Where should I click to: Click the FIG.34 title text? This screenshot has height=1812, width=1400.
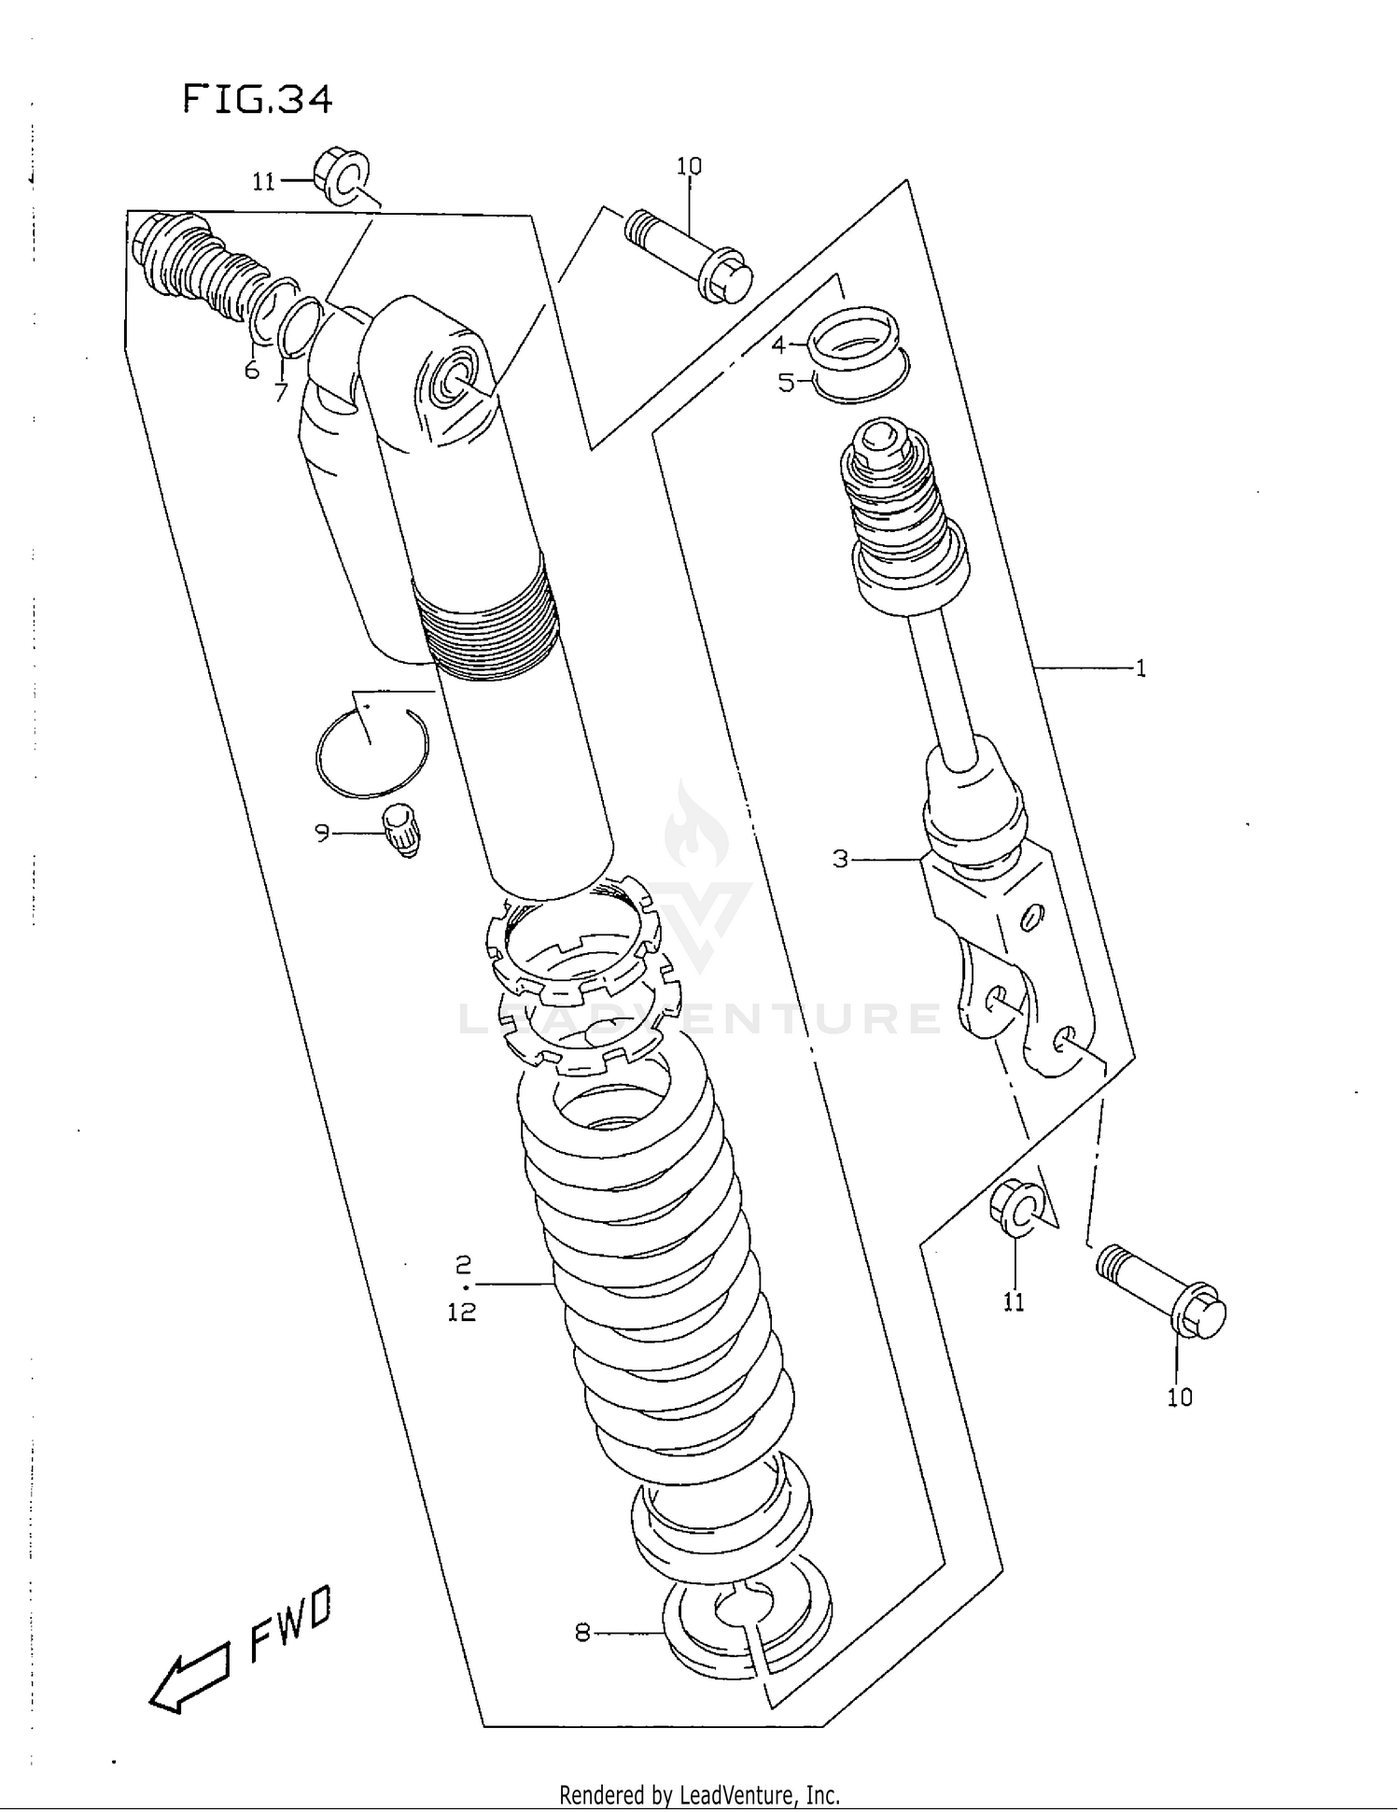click(258, 99)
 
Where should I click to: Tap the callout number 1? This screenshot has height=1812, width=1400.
click(1140, 668)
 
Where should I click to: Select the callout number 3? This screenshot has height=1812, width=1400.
click(840, 859)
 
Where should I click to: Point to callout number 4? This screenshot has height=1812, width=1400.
click(778, 345)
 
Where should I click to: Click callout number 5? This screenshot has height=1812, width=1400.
click(786, 383)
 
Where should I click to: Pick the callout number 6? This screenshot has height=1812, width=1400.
click(252, 372)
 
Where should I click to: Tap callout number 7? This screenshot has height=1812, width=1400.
click(280, 393)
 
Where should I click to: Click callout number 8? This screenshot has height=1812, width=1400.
click(582, 1633)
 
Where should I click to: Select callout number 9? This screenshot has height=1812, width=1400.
click(322, 832)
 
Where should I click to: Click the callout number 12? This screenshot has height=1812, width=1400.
click(462, 1313)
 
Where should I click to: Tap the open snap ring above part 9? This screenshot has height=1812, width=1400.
click(371, 753)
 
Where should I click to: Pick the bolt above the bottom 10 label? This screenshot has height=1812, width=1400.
click(1162, 1290)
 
